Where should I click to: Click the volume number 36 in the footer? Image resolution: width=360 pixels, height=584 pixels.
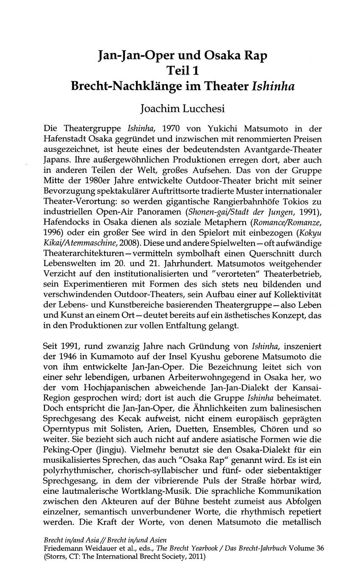pyautogui.click(x=320, y=548)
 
